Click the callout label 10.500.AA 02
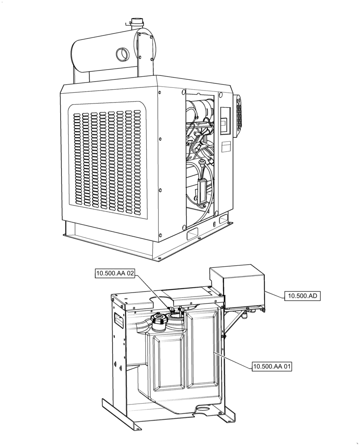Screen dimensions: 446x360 click(x=115, y=273)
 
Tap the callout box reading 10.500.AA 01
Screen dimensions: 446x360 click(x=272, y=367)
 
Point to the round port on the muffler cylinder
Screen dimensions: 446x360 click(x=121, y=54)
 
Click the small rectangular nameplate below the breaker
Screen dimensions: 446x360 click(x=226, y=146)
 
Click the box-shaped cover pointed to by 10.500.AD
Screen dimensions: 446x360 click(x=236, y=285)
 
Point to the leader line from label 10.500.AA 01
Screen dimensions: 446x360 click(x=234, y=359)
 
